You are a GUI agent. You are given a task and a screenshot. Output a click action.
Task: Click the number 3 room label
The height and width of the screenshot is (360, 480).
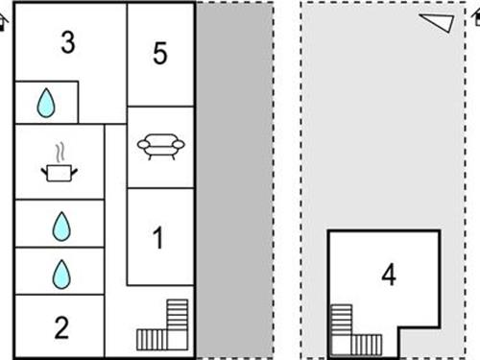(x=68, y=42)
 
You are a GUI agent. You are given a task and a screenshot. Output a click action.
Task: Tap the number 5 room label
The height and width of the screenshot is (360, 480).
(x=160, y=53)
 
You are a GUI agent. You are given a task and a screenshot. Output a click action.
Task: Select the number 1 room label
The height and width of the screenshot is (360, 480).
(x=158, y=237)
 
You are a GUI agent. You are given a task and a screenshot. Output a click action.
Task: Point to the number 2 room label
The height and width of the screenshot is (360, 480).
(x=61, y=327)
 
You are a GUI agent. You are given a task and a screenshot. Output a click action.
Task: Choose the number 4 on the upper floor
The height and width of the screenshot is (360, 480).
(x=389, y=275)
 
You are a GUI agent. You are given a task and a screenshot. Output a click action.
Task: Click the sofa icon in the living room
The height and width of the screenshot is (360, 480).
(x=161, y=146)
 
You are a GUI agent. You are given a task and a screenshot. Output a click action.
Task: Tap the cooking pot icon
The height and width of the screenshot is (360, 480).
(x=60, y=173)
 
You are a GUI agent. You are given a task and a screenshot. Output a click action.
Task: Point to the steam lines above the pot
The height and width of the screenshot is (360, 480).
(x=60, y=153)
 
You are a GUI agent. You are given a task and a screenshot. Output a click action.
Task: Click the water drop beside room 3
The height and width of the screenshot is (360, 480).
(x=46, y=103)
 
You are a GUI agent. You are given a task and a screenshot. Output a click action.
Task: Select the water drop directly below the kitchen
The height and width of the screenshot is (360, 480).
(x=61, y=227)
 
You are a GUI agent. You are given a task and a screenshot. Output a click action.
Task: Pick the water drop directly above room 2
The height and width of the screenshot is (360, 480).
(x=61, y=275)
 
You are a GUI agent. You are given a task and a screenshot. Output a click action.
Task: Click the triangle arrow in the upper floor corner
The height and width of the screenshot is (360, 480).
(x=437, y=22)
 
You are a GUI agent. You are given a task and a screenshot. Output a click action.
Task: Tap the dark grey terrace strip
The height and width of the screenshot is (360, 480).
(x=234, y=180)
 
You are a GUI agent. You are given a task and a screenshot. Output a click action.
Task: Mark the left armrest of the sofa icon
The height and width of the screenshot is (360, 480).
(x=143, y=145)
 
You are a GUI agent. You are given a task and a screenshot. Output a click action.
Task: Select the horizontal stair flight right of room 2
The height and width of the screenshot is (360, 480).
(x=152, y=340)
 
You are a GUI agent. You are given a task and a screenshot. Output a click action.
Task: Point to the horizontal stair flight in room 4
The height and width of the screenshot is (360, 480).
(x=367, y=345)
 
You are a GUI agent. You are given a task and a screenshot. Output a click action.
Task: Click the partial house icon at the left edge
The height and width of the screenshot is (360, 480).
(x=4, y=22)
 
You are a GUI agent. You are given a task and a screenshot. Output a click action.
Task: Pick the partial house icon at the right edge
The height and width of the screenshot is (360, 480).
(x=476, y=16)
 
